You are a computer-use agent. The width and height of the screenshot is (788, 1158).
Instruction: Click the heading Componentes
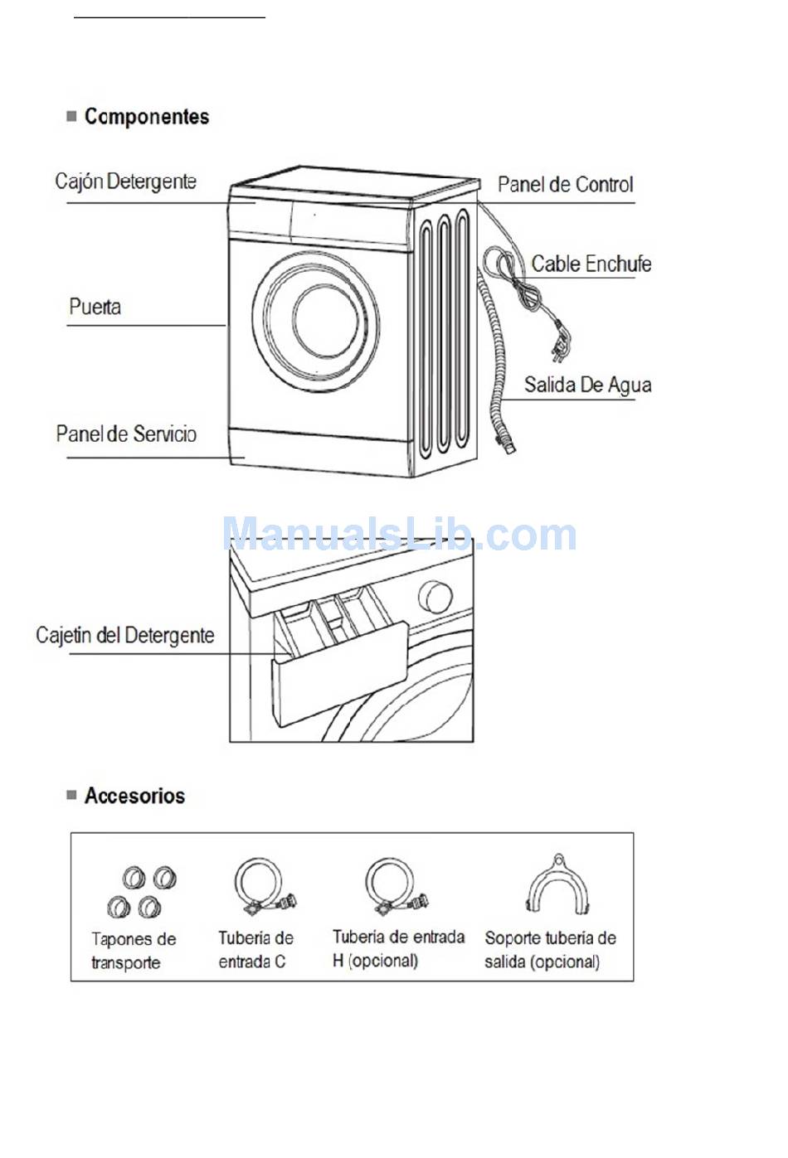click(x=146, y=117)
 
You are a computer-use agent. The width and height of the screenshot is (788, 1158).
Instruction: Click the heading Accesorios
click(x=134, y=796)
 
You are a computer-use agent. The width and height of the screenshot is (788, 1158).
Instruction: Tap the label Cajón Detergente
click(x=125, y=182)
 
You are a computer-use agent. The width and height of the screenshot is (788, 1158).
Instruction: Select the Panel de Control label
click(x=565, y=185)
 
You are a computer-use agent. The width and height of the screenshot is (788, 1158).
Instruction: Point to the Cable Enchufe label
click(x=591, y=264)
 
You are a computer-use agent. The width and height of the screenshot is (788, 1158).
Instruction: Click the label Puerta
click(x=95, y=307)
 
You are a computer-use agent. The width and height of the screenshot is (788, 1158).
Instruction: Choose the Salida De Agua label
click(x=587, y=385)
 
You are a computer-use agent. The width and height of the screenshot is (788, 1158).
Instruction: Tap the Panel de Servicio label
click(x=126, y=434)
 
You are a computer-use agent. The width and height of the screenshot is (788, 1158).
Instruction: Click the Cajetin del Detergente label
click(x=124, y=636)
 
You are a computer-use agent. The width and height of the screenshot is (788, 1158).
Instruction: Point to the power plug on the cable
click(x=563, y=347)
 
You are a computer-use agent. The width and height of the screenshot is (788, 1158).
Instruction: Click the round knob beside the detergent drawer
click(x=435, y=596)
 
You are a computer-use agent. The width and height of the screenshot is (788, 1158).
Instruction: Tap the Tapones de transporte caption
click(x=133, y=951)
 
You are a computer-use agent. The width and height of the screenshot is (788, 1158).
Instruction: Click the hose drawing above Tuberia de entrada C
click(x=262, y=887)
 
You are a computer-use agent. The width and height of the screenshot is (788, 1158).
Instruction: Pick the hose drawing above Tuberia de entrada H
click(x=394, y=887)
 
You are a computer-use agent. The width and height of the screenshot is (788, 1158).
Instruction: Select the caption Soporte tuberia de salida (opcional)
click(x=550, y=950)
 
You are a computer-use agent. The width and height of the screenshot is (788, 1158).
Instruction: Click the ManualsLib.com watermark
click(x=400, y=535)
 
